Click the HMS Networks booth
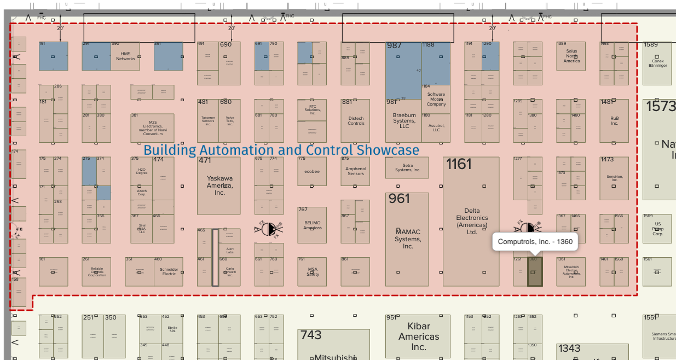[125, 56]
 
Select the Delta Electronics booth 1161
[471, 222]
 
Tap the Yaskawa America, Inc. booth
[219, 185]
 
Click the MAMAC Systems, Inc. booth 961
[408, 239]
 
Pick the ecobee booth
[311, 171]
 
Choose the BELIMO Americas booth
[312, 225]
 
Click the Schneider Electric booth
[169, 271]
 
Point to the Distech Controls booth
[355, 120]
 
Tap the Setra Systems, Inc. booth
[407, 168]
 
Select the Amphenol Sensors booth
[355, 171]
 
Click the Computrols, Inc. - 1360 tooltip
[535, 242]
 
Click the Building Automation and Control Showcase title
[281, 150]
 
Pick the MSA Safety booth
[312, 271]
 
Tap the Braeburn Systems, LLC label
[404, 121]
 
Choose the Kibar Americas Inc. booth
[418, 336]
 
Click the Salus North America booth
[571, 56]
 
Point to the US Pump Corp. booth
[657, 229]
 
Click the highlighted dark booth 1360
[534, 272]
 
